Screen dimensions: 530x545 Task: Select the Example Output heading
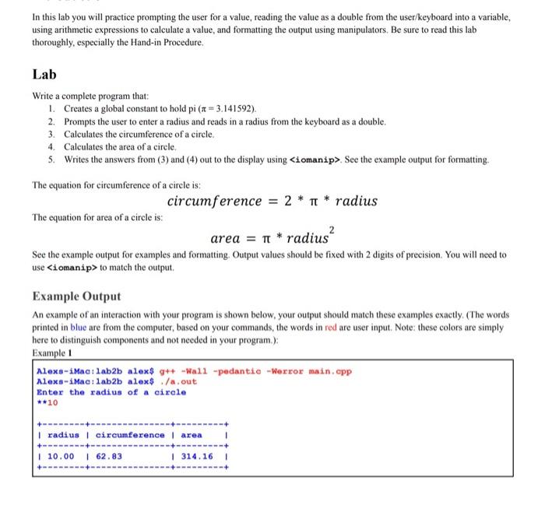pyautogui.click(x=76, y=296)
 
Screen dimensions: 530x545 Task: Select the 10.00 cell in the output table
pyautogui.click(x=62, y=456)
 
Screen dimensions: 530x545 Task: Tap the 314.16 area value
pyautogui.click(x=195, y=456)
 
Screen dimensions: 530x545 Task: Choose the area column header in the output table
pyautogui.click(x=191, y=435)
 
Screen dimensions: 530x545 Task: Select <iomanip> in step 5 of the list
pyautogui.click(x=319, y=160)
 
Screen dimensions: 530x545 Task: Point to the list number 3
pyautogui.click(x=51, y=134)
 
